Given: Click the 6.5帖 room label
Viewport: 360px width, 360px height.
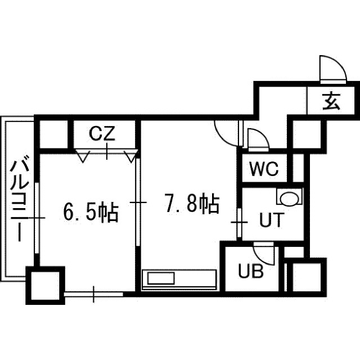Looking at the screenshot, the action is pyautogui.click(x=91, y=211).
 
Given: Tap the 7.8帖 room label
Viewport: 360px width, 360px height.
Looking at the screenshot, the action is pyautogui.click(x=192, y=203).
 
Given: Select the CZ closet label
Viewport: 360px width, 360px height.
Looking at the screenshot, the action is pyautogui.click(x=102, y=134).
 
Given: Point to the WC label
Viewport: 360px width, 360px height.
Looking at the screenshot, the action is pyautogui.click(x=264, y=169).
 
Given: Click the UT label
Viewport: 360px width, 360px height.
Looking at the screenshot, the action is pyautogui.click(x=272, y=220).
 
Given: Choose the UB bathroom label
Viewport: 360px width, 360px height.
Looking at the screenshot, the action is pyautogui.click(x=251, y=271).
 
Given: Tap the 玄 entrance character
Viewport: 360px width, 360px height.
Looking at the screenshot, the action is pyautogui.click(x=331, y=101).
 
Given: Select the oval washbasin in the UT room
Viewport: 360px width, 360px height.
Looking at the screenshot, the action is pyautogui.click(x=289, y=197).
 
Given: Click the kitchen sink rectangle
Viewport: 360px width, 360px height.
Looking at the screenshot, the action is pyautogui.click(x=161, y=278).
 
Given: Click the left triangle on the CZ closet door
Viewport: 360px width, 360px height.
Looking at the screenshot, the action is pyautogui.click(x=83, y=156).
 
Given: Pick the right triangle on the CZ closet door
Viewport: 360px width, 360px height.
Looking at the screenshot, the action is pyautogui.click(x=131, y=156).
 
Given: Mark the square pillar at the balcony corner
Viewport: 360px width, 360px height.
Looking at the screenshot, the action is pyautogui.click(x=45, y=285).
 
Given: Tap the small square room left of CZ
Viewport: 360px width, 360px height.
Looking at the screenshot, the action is pyautogui.click(x=54, y=134).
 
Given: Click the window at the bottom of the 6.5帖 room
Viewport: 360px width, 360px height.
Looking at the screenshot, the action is pyautogui.click(x=94, y=294).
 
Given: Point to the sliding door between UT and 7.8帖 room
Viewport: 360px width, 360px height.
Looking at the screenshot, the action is pyautogui.click(x=239, y=223).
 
